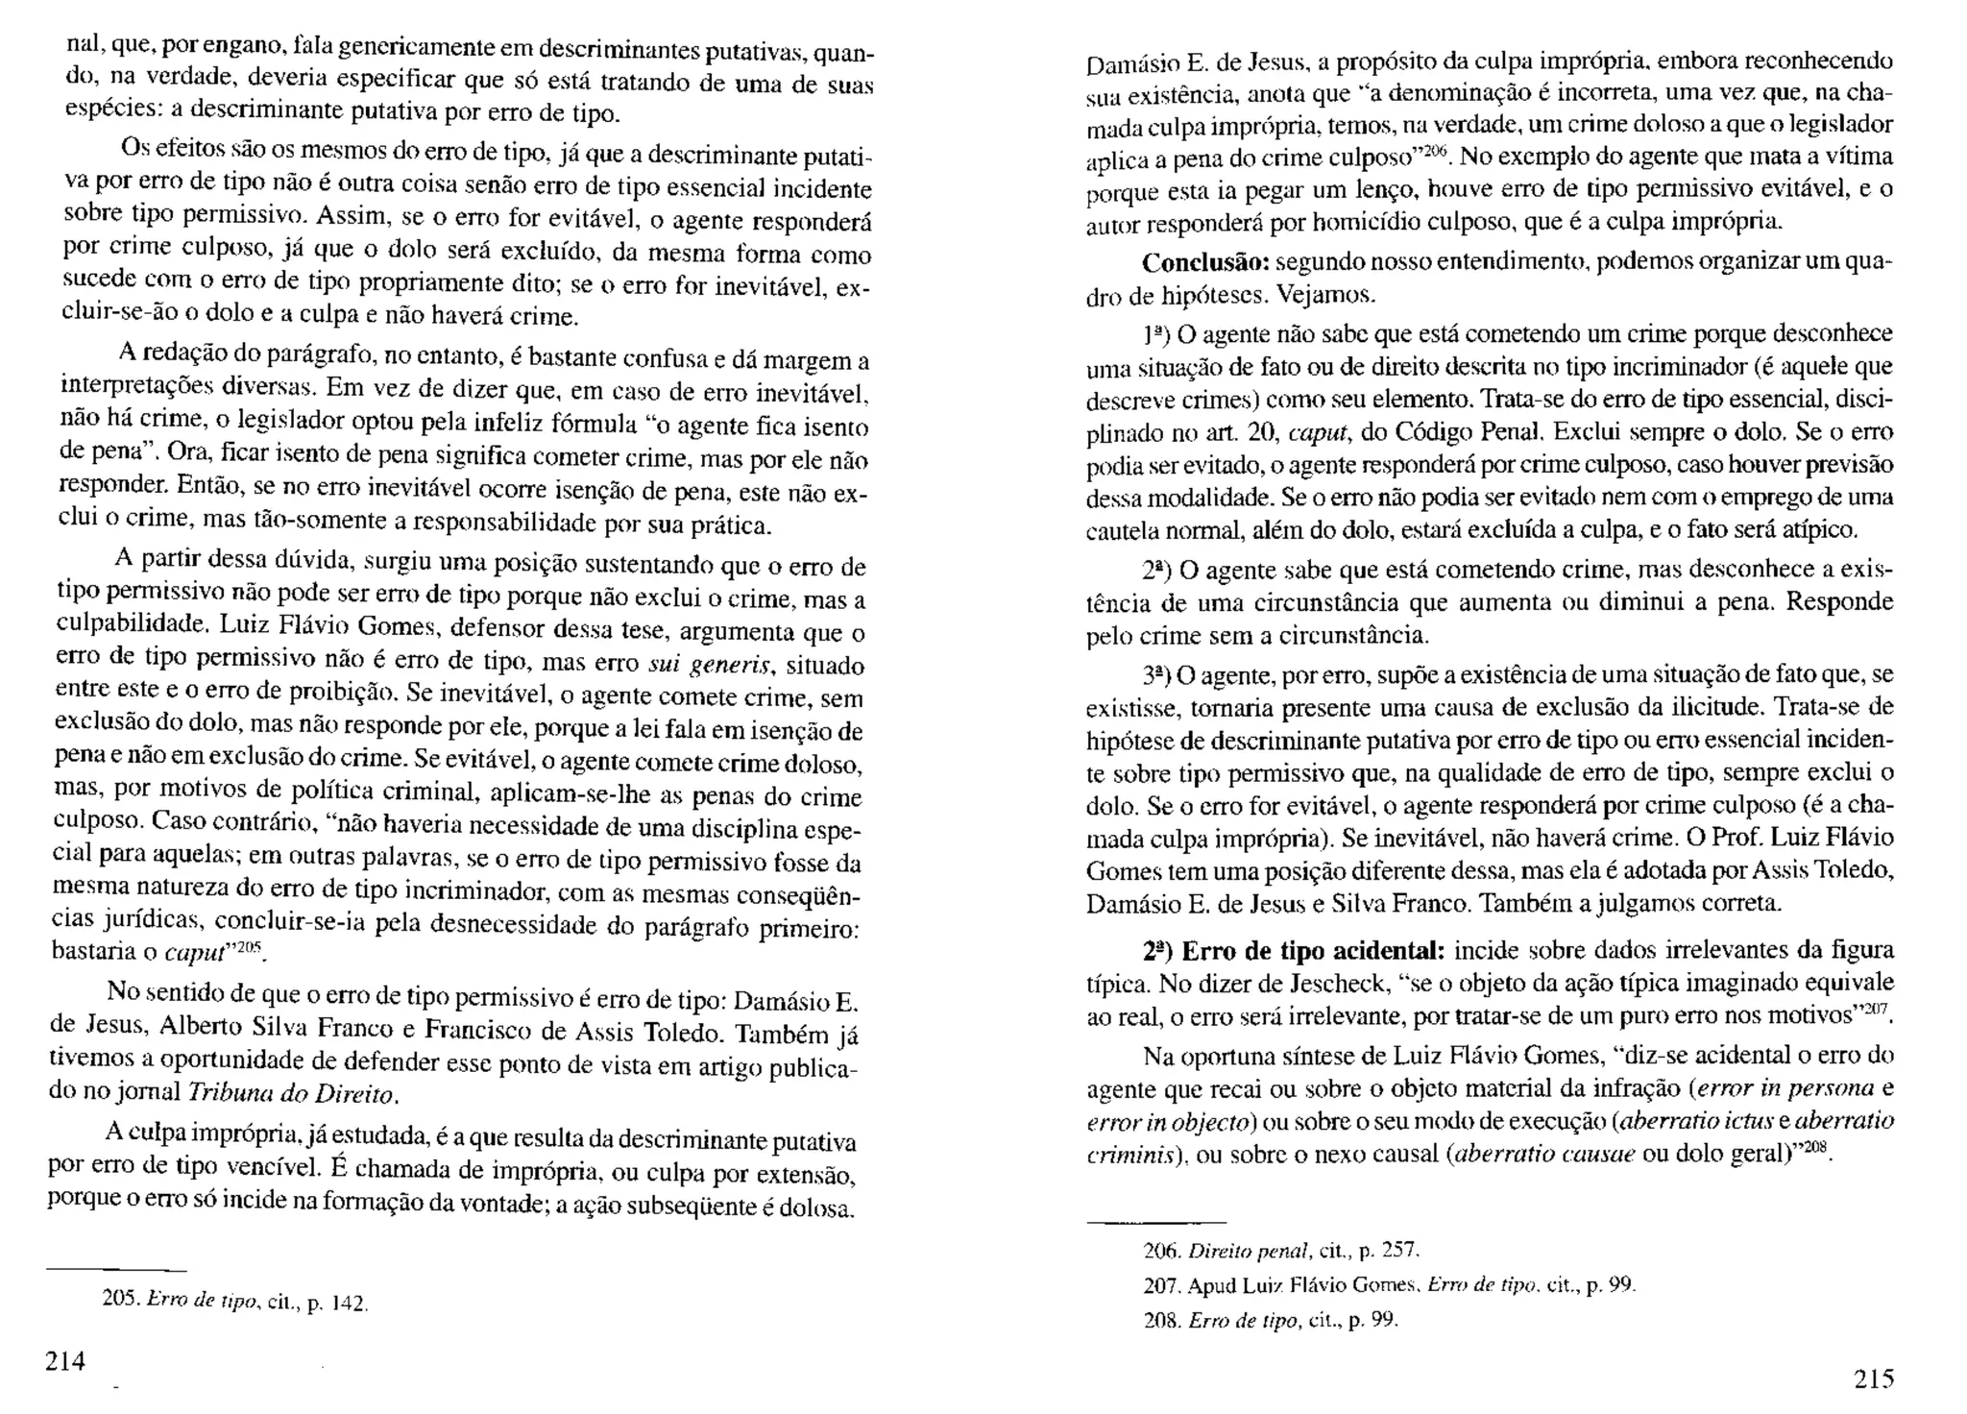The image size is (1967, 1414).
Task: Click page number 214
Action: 66,1361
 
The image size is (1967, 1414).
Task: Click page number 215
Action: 1873,1379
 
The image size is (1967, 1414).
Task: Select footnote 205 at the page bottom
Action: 234,1302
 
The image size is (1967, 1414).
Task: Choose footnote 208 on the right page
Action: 1270,1321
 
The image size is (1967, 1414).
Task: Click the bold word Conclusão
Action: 1205,262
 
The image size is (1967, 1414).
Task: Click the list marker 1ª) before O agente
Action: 1154,335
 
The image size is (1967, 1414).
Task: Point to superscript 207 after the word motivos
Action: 1877,1011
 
